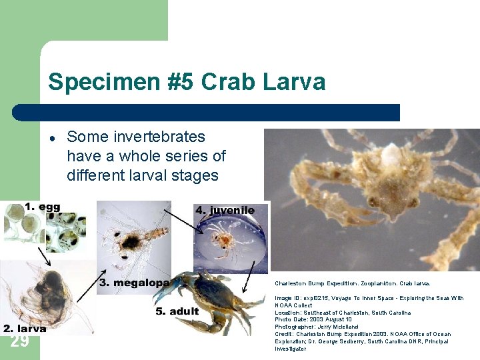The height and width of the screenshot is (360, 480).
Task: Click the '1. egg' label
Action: tap(42, 207)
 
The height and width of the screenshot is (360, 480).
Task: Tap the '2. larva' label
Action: tap(25, 328)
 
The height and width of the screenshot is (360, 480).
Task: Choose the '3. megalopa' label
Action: tap(134, 283)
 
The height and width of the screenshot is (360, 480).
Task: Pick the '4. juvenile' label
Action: tap(225, 210)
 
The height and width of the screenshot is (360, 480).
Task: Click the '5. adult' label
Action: tap(177, 311)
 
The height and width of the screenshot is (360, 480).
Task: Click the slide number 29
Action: tap(20, 341)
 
